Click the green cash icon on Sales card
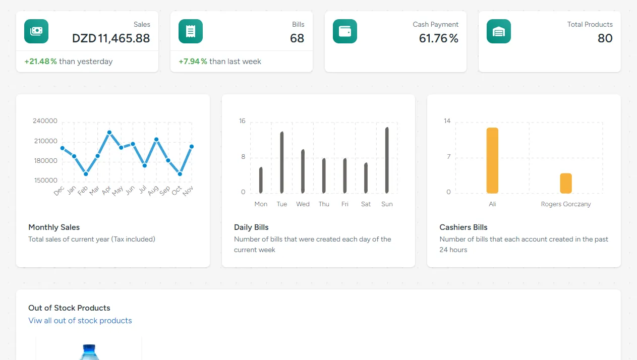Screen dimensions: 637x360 click(36, 31)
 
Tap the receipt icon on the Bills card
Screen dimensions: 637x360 click(191, 31)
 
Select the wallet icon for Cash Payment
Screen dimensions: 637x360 click(345, 31)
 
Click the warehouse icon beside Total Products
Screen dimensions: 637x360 click(499, 31)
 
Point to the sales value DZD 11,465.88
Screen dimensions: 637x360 click(111, 38)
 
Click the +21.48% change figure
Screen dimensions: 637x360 click(41, 62)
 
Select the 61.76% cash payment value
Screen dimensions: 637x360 click(438, 38)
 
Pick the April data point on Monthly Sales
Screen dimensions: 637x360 click(109, 133)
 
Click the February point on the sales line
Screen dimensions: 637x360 click(86, 174)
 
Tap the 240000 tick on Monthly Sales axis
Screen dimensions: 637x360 click(45, 121)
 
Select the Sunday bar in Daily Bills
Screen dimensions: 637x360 click(387, 160)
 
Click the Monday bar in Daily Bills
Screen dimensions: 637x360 click(261, 181)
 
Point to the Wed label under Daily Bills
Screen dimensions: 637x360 click(303, 204)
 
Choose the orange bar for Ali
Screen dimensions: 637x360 click(492, 161)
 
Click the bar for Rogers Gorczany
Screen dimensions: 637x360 click(566, 184)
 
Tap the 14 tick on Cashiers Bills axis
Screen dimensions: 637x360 click(447, 121)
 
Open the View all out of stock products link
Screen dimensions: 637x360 click(80, 321)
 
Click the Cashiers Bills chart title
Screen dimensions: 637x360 click(463, 227)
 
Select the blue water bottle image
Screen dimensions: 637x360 click(89, 352)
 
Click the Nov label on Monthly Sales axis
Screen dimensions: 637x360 click(188, 191)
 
